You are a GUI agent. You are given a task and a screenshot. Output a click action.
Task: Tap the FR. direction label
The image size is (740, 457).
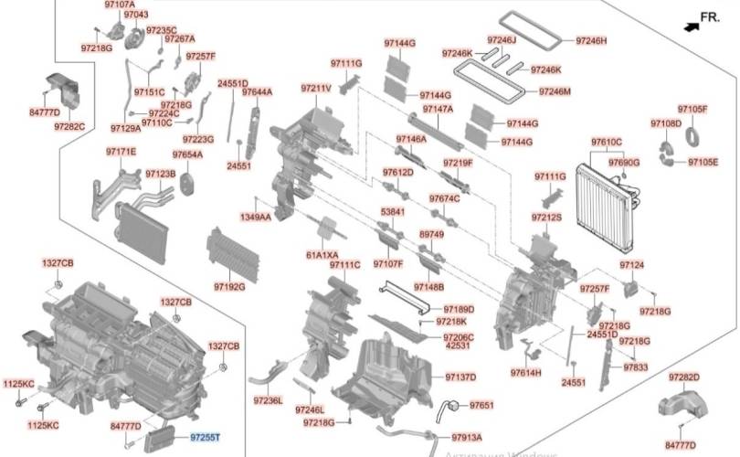710,17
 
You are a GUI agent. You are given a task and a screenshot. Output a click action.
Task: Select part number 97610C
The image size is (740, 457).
606,142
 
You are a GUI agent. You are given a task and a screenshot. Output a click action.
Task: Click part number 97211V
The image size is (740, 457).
316,88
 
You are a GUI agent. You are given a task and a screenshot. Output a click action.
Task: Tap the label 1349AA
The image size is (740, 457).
256,218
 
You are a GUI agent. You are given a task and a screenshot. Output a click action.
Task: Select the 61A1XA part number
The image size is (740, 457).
322,254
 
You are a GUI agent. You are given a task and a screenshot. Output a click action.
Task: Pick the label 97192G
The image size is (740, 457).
228,287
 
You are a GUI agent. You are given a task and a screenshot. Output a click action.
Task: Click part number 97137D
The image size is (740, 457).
460,377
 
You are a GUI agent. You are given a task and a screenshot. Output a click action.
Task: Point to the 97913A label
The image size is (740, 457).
466,438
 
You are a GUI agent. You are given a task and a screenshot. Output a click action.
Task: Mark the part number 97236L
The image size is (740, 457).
269,400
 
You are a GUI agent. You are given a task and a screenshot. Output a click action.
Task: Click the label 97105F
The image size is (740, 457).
692,109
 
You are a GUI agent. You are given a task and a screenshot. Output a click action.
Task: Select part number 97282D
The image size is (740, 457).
683,377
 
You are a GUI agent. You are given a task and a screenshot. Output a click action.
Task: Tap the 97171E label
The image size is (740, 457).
121,152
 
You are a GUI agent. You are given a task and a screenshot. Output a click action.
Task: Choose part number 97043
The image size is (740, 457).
135,16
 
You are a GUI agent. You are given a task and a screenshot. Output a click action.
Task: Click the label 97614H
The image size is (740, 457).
525,373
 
